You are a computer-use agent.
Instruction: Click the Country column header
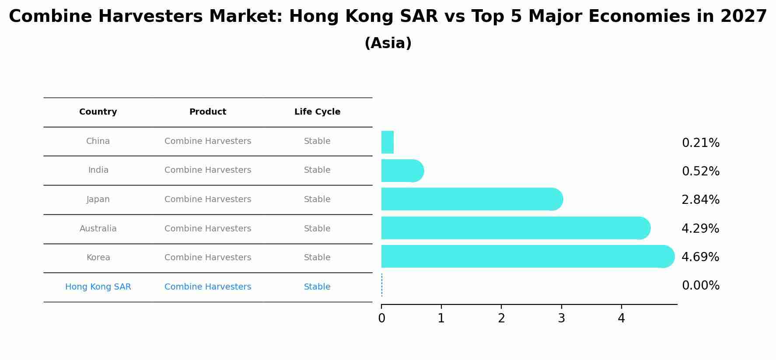[98, 112]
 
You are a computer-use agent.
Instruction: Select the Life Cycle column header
[317, 112]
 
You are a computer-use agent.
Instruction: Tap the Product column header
[208, 112]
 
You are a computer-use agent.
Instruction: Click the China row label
[98, 141]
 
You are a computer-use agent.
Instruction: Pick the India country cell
[98, 170]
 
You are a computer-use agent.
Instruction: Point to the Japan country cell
[98, 199]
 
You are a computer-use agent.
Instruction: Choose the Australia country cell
[98, 229]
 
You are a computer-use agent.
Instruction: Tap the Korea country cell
[98, 258]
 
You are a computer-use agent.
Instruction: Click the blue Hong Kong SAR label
[98, 287]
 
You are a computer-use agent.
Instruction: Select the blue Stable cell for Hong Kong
[317, 287]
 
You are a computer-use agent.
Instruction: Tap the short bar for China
[388, 142]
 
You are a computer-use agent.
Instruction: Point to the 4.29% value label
[700, 229]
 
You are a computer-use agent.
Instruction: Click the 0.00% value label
[700, 286]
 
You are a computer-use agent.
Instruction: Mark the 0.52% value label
[700, 171]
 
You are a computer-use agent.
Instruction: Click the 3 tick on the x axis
[561, 318]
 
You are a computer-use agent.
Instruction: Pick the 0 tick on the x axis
[381, 318]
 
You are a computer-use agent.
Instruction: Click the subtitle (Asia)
[388, 43]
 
